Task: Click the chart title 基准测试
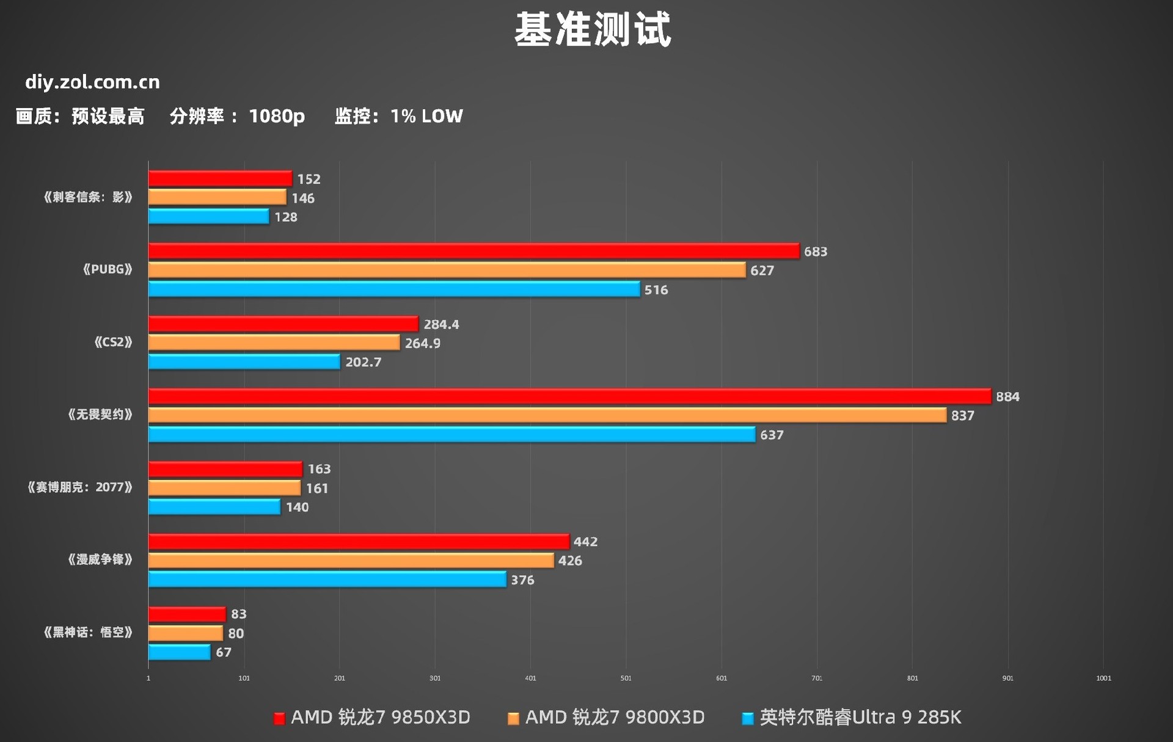coord(593,29)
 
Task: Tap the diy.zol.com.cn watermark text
coord(92,82)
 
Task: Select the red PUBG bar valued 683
coord(473,251)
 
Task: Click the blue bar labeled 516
coord(394,289)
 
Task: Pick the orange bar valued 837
coord(547,415)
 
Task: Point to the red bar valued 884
coord(569,396)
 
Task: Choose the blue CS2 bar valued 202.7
coord(244,362)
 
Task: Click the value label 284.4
coord(441,324)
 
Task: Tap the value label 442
coord(585,542)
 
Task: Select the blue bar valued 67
coord(180,652)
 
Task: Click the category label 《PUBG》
coord(108,269)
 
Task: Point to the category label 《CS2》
coord(113,342)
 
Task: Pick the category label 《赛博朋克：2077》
coord(80,487)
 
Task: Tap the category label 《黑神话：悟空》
coord(88,632)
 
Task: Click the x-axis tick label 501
coord(626,678)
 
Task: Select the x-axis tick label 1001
coord(1103,678)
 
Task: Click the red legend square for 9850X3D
coord(279,718)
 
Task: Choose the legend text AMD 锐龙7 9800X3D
coord(615,717)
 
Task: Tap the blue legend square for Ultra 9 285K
coord(747,718)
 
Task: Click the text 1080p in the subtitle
coord(277,116)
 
